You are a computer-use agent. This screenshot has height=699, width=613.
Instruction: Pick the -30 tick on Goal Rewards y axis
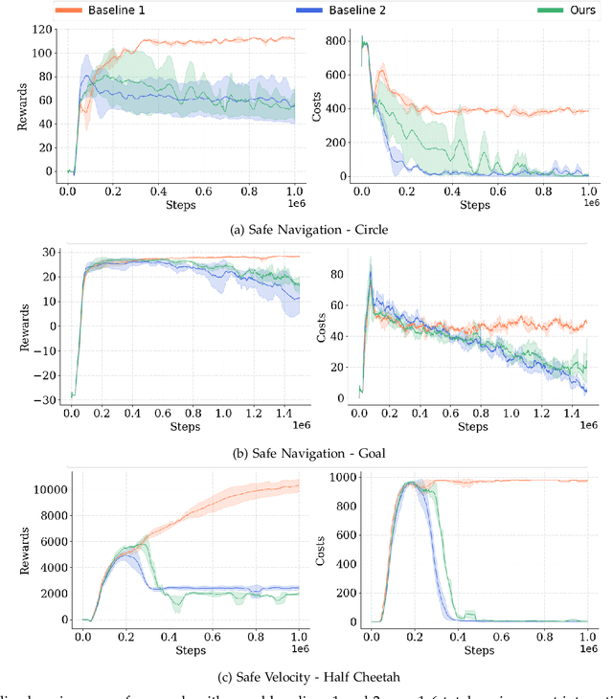40,398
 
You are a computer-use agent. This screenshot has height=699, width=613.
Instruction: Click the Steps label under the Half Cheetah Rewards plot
192,648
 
